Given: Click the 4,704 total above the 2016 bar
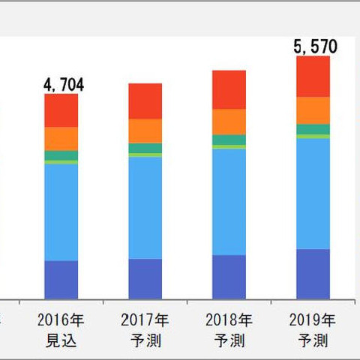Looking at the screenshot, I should (x=64, y=84).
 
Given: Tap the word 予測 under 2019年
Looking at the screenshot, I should (x=313, y=341).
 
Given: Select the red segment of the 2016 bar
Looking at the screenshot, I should (x=61, y=110).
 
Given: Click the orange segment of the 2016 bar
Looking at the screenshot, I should (x=61, y=139).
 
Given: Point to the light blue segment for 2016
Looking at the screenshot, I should (x=61, y=212).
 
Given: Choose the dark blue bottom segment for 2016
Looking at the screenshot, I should (x=61, y=280).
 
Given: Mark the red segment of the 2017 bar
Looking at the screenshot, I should (x=145, y=101).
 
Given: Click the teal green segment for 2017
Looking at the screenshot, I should (x=145, y=148).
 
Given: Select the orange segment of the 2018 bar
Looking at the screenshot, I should (x=229, y=121).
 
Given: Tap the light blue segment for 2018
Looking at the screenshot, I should (x=229, y=202).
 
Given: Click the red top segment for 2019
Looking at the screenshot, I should (x=313, y=76).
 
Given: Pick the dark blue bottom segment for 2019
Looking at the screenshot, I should (x=313, y=274).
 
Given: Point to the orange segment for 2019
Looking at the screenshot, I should (x=313, y=110).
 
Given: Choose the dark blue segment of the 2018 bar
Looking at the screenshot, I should (x=229, y=277).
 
